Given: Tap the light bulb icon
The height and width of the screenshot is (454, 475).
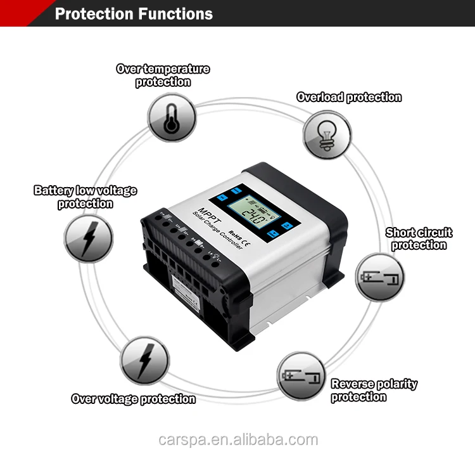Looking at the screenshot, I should pos(327,134).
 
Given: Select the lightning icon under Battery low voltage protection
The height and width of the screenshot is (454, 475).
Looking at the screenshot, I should pos(88,238).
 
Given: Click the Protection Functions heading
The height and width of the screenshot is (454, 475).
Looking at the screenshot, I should pos(134,13).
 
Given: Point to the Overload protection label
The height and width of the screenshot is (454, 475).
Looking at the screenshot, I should pos(349,97).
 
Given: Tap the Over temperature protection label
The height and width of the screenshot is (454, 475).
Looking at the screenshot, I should pos(163,75).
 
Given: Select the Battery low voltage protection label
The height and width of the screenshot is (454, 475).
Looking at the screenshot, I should pos(85,197).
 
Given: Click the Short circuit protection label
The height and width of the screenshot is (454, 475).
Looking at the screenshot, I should pos(419,239).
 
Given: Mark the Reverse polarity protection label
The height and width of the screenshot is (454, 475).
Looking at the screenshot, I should pos(374,390).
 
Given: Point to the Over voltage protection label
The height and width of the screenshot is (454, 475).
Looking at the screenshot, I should pos(133,399).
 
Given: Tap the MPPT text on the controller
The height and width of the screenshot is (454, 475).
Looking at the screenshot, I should pos(208,219).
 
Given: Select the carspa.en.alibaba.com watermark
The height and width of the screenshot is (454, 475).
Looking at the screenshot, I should pos(237,439).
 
